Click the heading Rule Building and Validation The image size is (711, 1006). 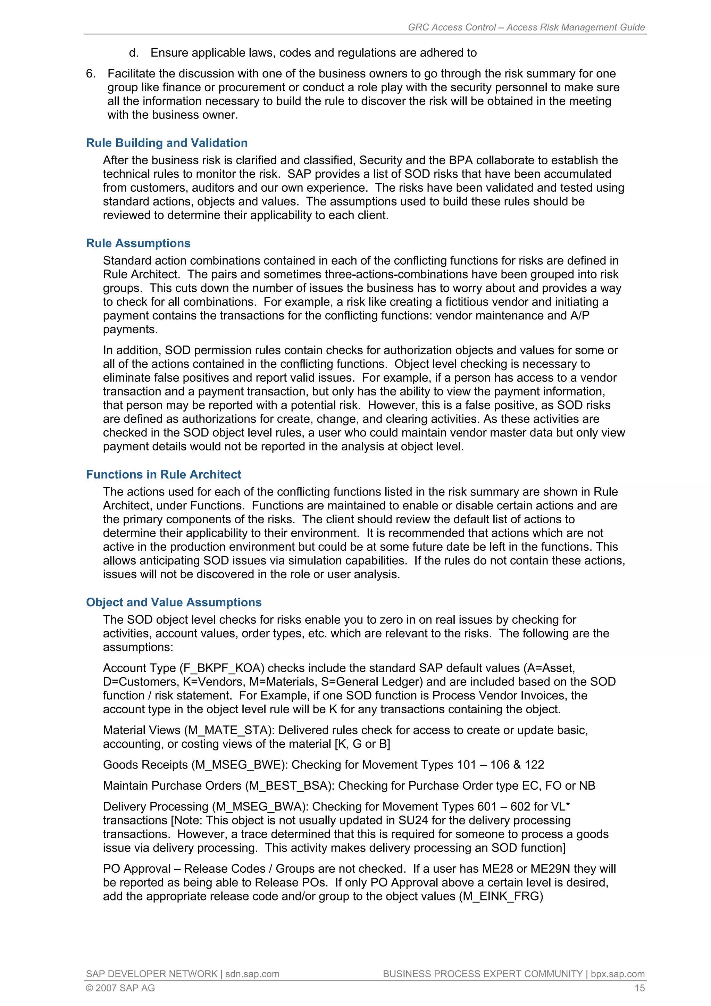click(x=167, y=143)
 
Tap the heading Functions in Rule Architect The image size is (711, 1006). click(x=164, y=474)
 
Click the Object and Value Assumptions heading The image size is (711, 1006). click(x=174, y=602)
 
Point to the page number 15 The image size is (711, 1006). click(x=639, y=988)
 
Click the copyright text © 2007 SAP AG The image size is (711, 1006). click(x=120, y=988)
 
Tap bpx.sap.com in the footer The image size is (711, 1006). click(x=617, y=974)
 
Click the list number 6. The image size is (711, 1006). click(x=90, y=73)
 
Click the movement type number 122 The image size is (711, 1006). click(x=534, y=765)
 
